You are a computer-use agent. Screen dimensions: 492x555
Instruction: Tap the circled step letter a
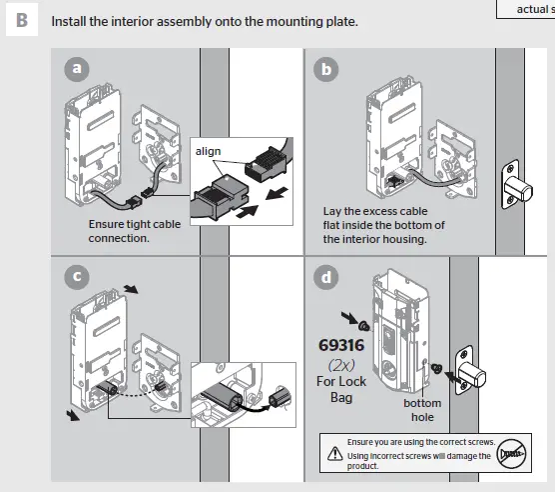(x=75, y=68)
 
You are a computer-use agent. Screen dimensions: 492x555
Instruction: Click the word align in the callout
(x=208, y=151)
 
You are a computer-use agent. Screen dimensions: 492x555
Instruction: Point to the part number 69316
(x=341, y=346)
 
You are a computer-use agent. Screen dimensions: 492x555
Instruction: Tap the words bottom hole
(x=422, y=410)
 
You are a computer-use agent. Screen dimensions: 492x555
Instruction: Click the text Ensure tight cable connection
(x=134, y=231)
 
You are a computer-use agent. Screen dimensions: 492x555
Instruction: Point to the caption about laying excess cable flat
(x=384, y=225)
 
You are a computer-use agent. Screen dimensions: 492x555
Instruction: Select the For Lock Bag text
(x=341, y=389)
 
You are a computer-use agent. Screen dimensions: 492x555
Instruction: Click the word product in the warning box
(x=364, y=466)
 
